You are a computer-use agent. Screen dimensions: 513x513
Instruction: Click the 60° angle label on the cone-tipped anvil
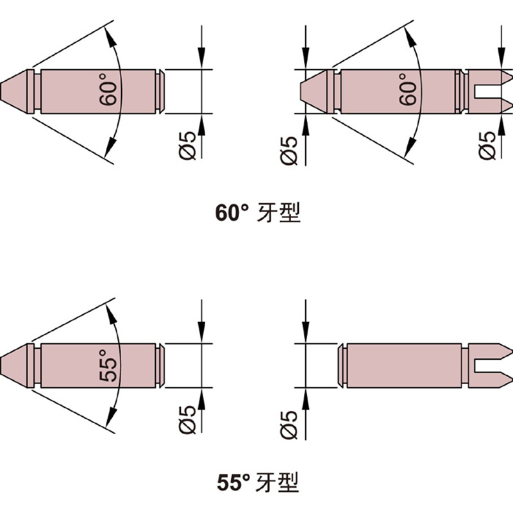[x=110, y=91]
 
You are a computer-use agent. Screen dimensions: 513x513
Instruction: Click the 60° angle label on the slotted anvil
[x=408, y=91]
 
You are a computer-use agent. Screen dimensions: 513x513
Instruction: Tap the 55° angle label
[x=110, y=366]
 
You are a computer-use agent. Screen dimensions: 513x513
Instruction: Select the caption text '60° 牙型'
[x=257, y=212]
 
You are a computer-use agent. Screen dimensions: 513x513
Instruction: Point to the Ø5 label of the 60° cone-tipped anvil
[x=188, y=145]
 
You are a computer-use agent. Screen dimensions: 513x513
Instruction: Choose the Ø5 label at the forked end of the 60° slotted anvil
[x=489, y=145]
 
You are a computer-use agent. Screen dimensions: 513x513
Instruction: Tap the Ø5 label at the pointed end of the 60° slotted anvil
[x=290, y=149]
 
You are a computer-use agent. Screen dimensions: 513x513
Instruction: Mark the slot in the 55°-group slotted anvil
[x=491, y=366]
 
